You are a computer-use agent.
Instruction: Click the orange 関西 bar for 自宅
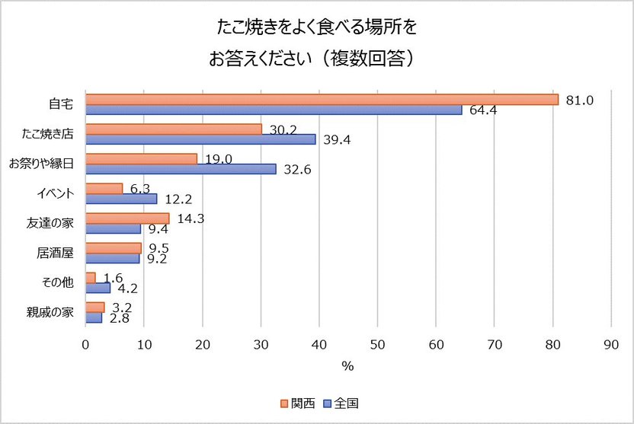pyautogui.click(x=322, y=99)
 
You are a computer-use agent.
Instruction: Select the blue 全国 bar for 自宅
pyautogui.click(x=274, y=110)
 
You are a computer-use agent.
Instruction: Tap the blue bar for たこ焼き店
pyautogui.click(x=200, y=139)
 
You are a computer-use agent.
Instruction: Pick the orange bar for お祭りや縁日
pyautogui.click(x=142, y=159)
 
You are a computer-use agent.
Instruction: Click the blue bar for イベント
pyautogui.click(x=121, y=199)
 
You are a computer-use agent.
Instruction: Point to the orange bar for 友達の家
pyautogui.click(x=127, y=218)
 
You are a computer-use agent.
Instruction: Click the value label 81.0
pyautogui.click(x=579, y=100)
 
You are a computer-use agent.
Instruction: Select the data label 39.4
pyautogui.click(x=337, y=140)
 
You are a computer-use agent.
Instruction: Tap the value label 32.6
pyautogui.click(x=297, y=169)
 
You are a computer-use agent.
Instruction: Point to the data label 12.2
pyautogui.click(x=178, y=199)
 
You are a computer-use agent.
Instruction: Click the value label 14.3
pyautogui.click(x=191, y=218)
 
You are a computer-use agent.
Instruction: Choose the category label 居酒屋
pyautogui.click(x=55, y=253)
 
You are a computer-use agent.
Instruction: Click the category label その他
pyautogui.click(x=58, y=282)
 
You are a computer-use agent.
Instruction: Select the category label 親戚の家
pyautogui.click(x=50, y=312)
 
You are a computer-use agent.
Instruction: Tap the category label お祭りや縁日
pyautogui.click(x=41, y=164)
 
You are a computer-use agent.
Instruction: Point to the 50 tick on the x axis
pyautogui.click(x=377, y=344)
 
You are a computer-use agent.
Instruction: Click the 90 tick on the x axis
pyautogui.click(x=611, y=344)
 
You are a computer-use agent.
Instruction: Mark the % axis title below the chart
pyautogui.click(x=347, y=366)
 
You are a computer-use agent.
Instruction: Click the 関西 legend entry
pyautogui.click(x=298, y=403)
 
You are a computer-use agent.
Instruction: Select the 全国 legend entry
pyautogui.click(x=341, y=403)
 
